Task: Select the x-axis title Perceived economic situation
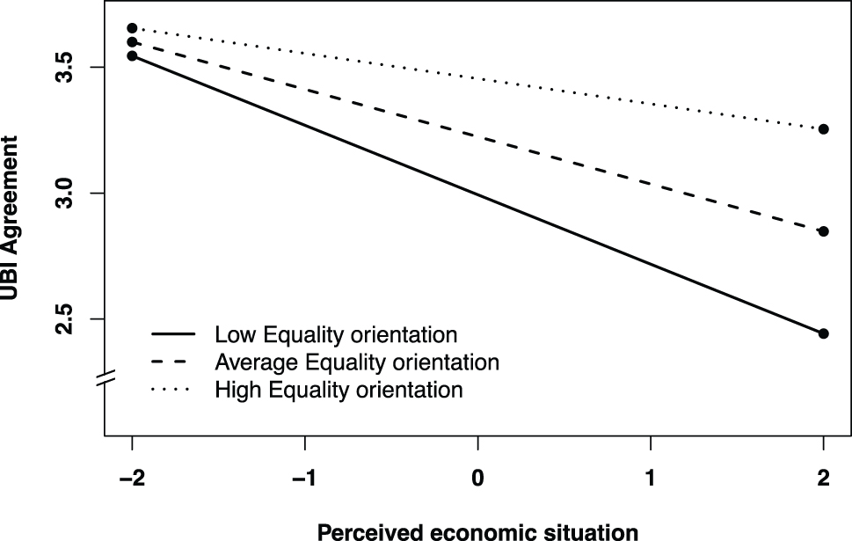(x=477, y=530)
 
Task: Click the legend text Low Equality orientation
(x=336, y=334)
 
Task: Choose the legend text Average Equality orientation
(x=357, y=362)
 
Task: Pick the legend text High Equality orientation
(x=339, y=389)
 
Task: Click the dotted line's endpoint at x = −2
(x=132, y=28)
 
